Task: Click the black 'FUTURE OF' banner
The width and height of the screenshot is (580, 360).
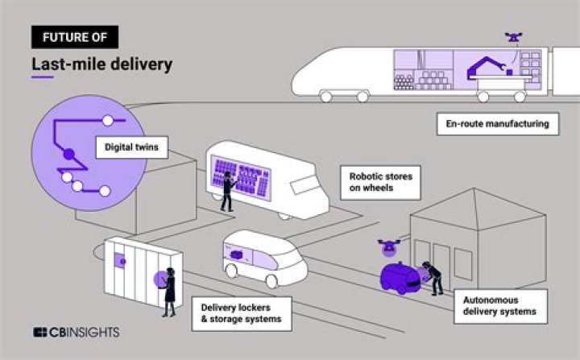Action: click(75, 36)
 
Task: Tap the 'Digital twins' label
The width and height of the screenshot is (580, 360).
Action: click(131, 147)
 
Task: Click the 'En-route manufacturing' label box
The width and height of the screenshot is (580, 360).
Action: click(497, 125)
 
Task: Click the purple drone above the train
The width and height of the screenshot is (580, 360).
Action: click(513, 37)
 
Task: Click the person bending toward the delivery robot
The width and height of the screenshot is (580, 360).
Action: click(433, 277)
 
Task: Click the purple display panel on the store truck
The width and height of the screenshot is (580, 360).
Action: click(242, 175)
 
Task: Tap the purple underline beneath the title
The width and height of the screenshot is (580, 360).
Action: click(43, 78)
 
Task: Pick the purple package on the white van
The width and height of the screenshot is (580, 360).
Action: click(241, 254)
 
